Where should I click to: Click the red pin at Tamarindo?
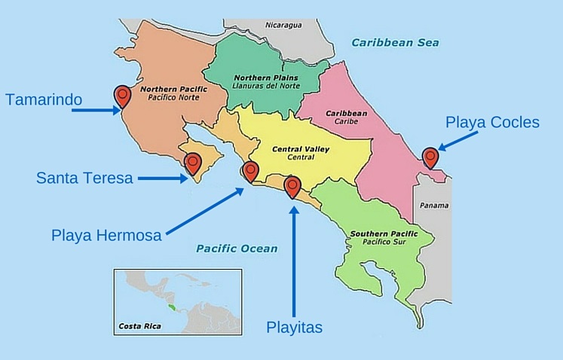(122, 96)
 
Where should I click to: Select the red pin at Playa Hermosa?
(249, 170)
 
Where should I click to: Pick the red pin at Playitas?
(292, 185)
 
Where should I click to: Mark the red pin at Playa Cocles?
(430, 157)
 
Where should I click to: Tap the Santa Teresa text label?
(84, 178)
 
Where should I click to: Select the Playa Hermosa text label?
(106, 235)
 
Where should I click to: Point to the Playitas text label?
(295, 327)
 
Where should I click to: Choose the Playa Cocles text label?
(492, 122)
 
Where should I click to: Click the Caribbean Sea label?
(396, 43)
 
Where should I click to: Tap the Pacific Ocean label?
(237, 249)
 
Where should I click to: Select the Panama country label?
(434, 206)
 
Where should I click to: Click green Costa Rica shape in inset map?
(174, 307)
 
